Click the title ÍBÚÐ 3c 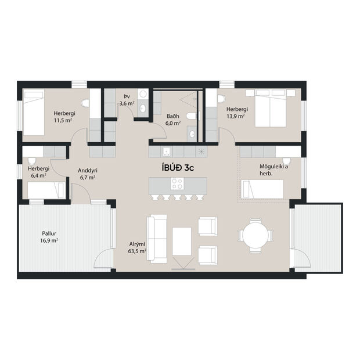(x=181, y=167)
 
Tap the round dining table (x=255, y=235)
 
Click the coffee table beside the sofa (x=182, y=240)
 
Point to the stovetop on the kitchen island (x=177, y=184)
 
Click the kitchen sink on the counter (x=166, y=152)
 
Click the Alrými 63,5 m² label (x=137, y=248)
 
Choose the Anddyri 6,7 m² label (x=87, y=174)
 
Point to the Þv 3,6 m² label (x=127, y=100)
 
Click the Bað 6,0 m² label (x=173, y=119)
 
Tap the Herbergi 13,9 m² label (x=237, y=113)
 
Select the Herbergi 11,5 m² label (x=63, y=116)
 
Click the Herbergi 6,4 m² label (x=38, y=171)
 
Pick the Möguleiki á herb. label (x=272, y=170)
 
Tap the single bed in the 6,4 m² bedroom (x=46, y=189)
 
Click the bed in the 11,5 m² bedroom (x=34, y=113)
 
